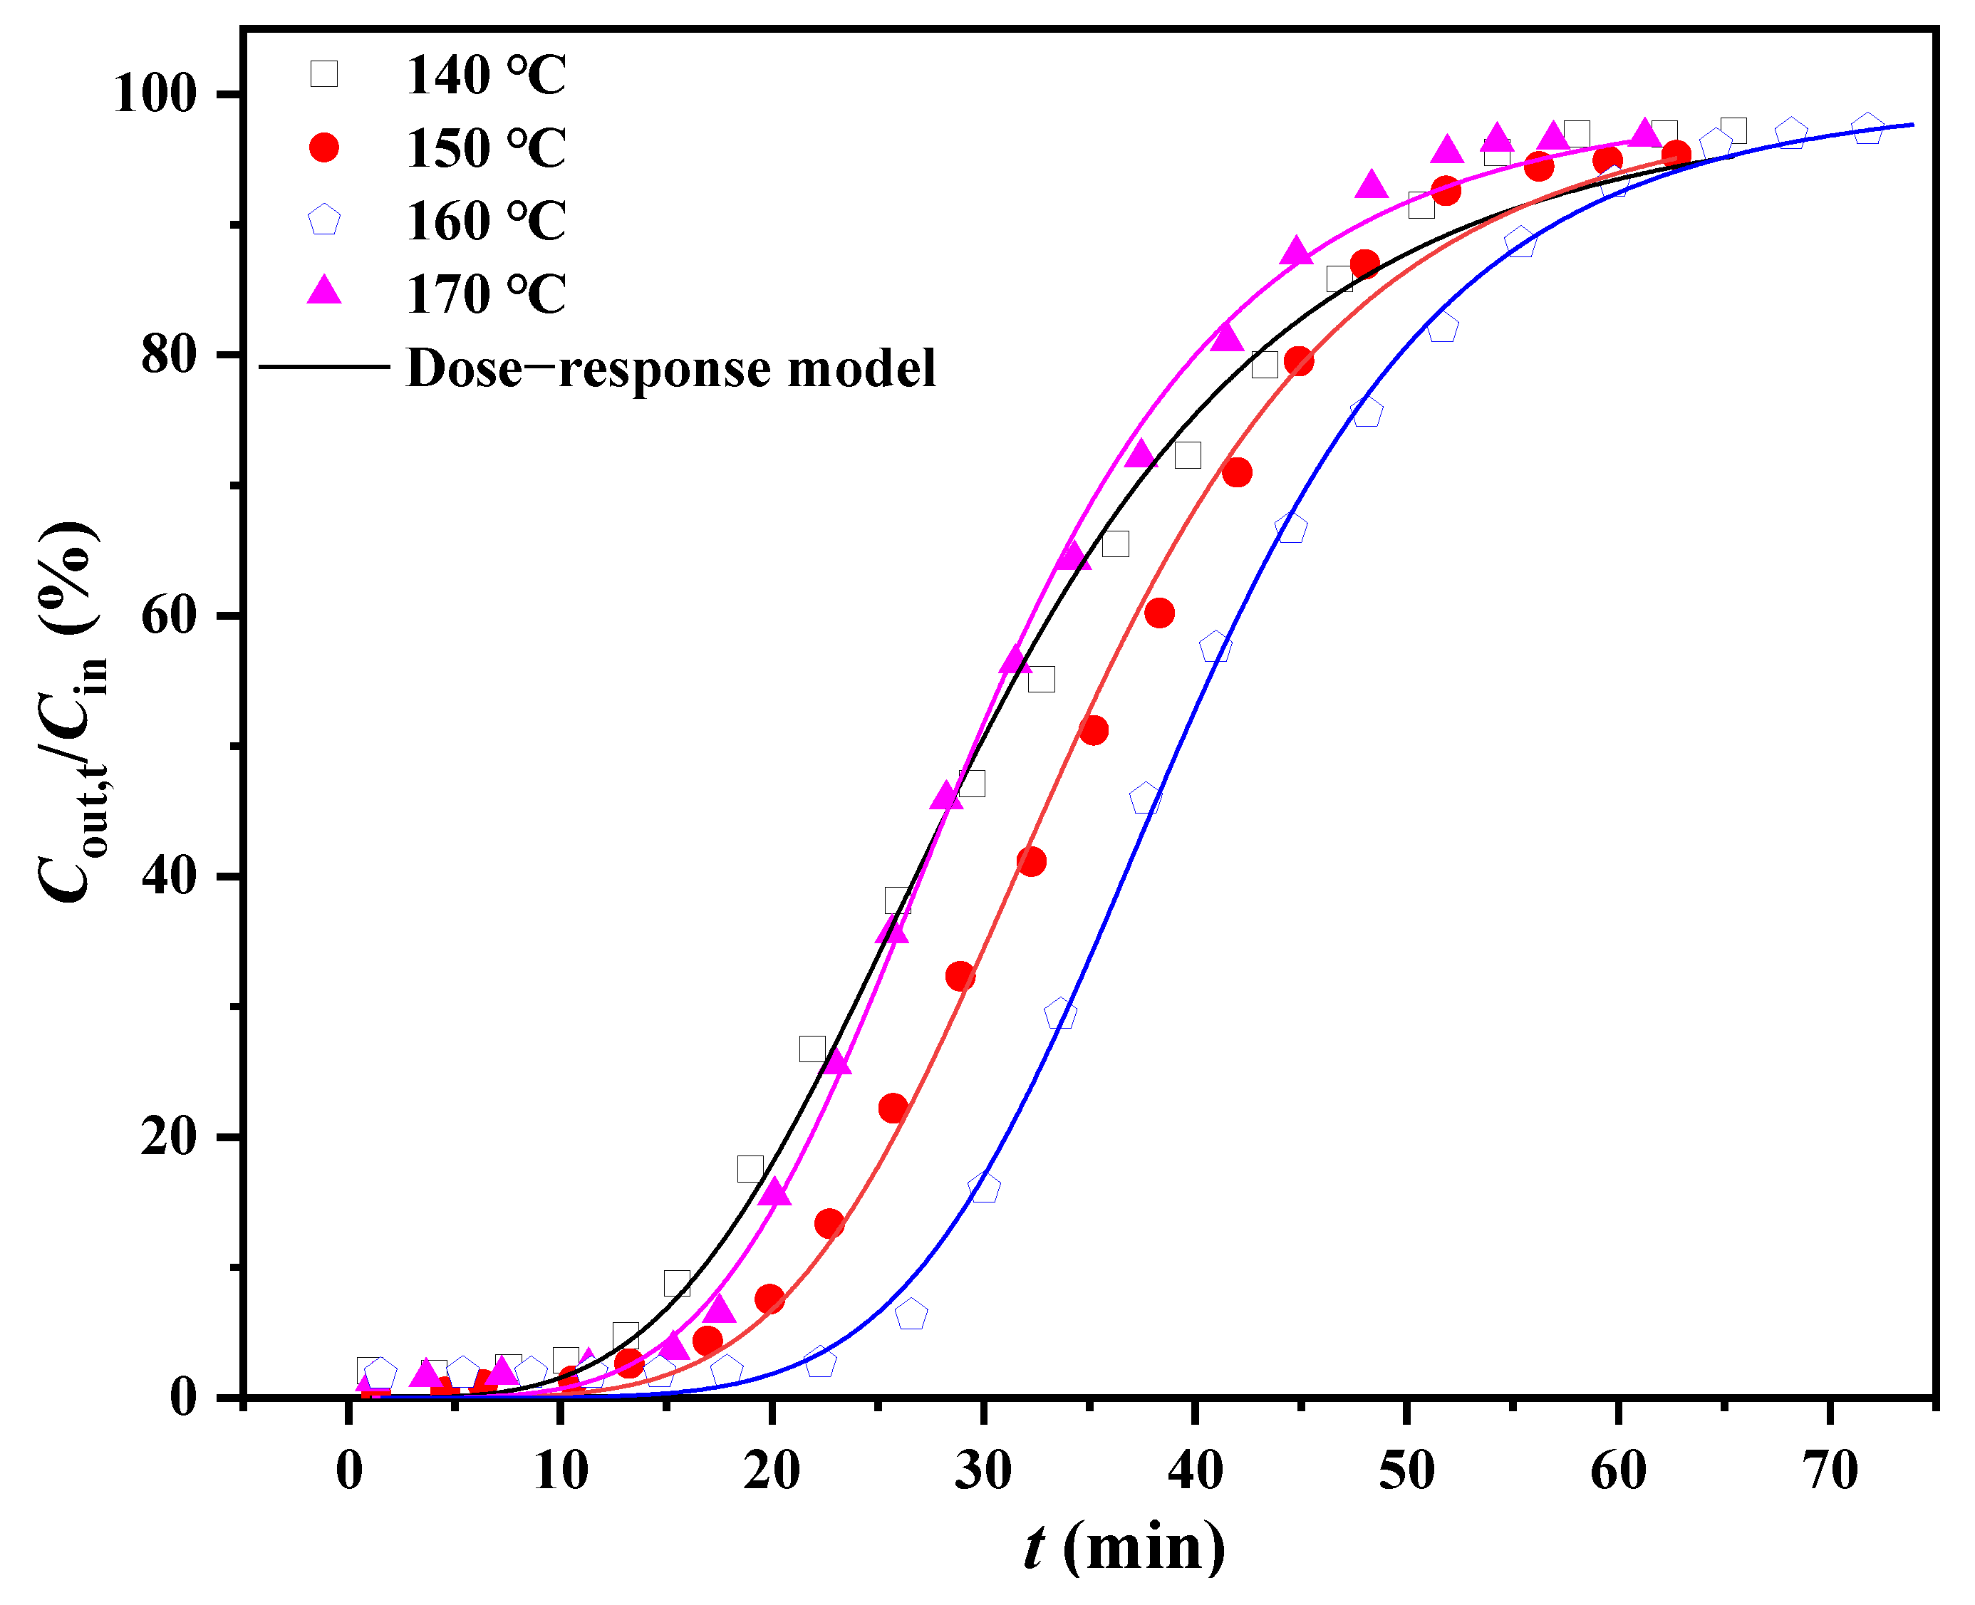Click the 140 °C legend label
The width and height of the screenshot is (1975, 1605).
tap(485, 75)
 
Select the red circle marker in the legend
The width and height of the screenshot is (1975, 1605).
tap(323, 147)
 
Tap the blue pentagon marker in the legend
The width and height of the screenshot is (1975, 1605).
tap(323, 221)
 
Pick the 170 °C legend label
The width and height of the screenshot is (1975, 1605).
tap(485, 295)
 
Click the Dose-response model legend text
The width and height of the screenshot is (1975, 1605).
tap(670, 368)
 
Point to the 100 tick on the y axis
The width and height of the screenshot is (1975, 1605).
tap(155, 93)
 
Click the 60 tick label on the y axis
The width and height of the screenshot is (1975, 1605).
tap(169, 615)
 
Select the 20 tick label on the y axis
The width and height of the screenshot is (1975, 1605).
tap(169, 1137)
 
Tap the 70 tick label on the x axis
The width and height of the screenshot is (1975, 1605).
tap(1830, 1471)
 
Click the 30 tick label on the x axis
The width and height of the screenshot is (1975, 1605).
tap(983, 1471)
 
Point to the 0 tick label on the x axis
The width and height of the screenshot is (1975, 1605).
tap(348, 1471)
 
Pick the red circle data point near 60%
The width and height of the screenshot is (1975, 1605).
tap(1158, 613)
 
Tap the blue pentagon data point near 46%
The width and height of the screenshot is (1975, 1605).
tap(1145, 799)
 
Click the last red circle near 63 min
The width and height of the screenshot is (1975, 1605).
tap(1676, 155)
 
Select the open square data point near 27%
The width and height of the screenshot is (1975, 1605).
tap(812, 1049)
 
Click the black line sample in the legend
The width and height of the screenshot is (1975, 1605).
tap(323, 367)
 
